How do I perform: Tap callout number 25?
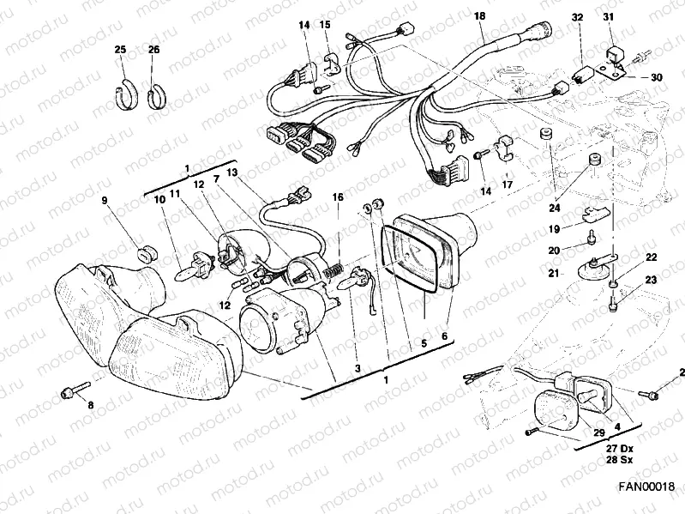[x=120, y=50]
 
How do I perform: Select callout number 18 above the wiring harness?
[x=478, y=16]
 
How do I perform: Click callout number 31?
[x=633, y=17]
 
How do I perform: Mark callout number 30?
[x=656, y=77]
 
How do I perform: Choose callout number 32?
[x=577, y=17]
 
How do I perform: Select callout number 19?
[x=554, y=229]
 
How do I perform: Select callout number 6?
[x=444, y=338]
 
